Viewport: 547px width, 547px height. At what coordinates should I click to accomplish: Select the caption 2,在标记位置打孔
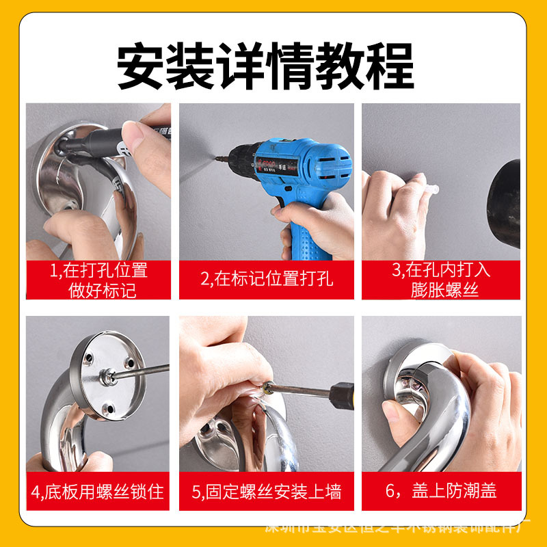tap(267, 279)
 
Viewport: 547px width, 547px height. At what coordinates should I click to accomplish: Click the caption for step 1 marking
tap(103, 279)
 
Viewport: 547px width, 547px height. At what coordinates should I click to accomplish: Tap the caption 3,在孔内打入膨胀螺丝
tap(441, 279)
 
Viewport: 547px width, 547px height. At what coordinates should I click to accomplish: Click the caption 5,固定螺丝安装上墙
tap(267, 490)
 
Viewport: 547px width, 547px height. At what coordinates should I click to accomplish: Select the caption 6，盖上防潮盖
tap(441, 490)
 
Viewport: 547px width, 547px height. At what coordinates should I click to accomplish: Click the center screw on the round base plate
tap(107, 375)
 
